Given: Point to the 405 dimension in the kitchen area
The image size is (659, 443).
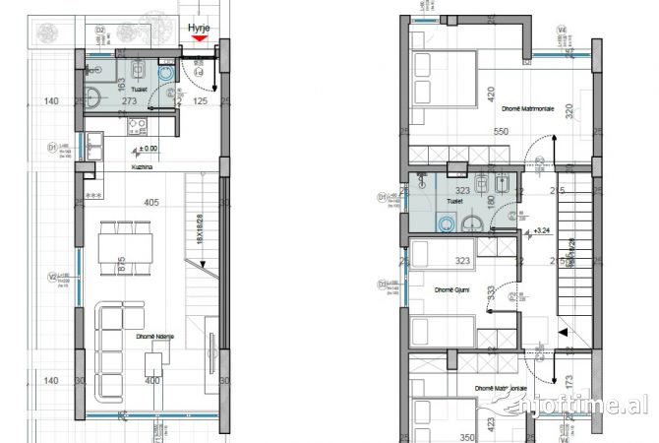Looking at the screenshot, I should pos(150,204).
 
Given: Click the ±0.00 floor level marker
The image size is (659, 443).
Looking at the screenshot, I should pos(149,149).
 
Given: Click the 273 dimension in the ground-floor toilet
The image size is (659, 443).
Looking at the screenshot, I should pos(128,100).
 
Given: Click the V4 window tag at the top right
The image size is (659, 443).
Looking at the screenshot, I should pos(561,31).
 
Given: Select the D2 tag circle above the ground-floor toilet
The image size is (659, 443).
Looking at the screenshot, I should pos(99,31).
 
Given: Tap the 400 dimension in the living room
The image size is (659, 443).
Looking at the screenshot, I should pos(151,380).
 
